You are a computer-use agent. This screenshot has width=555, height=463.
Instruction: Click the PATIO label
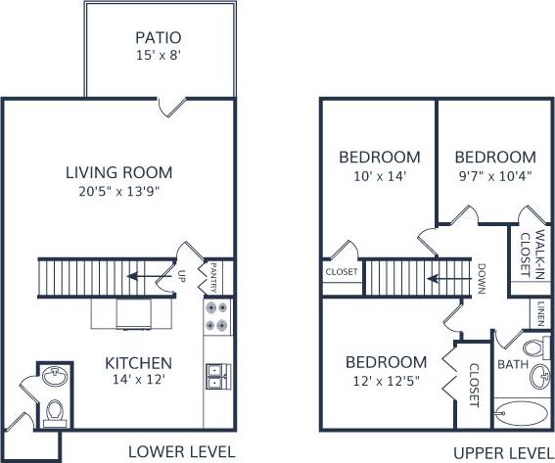(160, 38)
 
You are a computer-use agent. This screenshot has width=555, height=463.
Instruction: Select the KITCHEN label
(139, 362)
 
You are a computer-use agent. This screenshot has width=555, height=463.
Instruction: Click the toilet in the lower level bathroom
(55, 410)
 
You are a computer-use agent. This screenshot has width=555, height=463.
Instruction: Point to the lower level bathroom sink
(53, 375)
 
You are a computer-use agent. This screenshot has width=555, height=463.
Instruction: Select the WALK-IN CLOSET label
(526, 251)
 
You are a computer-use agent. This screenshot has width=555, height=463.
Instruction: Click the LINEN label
(540, 314)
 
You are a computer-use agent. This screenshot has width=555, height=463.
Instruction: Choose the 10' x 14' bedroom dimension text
(380, 177)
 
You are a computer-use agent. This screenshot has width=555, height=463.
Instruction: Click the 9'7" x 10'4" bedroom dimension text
(495, 177)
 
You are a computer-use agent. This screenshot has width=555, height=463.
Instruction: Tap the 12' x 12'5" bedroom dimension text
(386, 380)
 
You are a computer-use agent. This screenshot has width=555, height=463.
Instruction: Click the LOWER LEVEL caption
(182, 451)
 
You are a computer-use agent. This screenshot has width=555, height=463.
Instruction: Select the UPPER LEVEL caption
(503, 451)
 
